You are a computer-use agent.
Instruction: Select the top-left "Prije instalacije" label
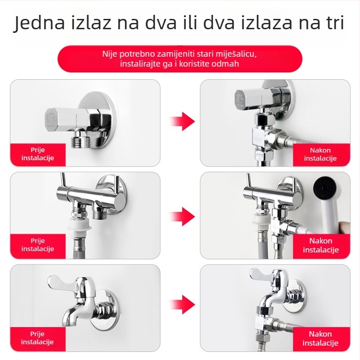pos(38,154)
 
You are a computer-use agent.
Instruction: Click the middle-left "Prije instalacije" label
pos(38,245)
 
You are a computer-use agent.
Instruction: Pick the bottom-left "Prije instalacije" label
pos(38,338)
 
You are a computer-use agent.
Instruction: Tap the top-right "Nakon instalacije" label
pos(320,154)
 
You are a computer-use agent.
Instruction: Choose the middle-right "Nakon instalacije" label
pos(320,245)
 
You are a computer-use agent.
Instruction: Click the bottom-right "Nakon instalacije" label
pos(320,338)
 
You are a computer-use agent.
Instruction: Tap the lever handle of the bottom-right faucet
pos(261,274)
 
